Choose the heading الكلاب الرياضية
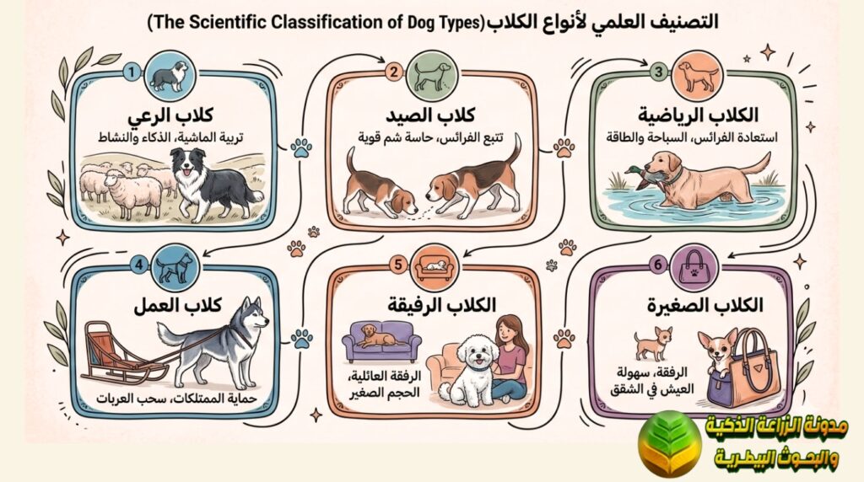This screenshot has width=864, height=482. pyautogui.click(x=689, y=114)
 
